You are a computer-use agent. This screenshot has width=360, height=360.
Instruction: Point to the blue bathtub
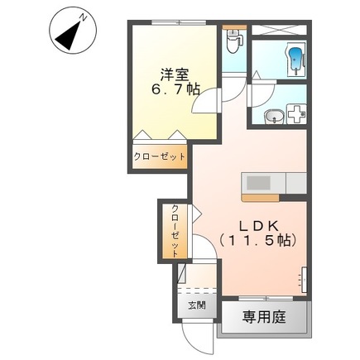[295, 59]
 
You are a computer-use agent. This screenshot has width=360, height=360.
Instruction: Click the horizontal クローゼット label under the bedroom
[159, 157]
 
